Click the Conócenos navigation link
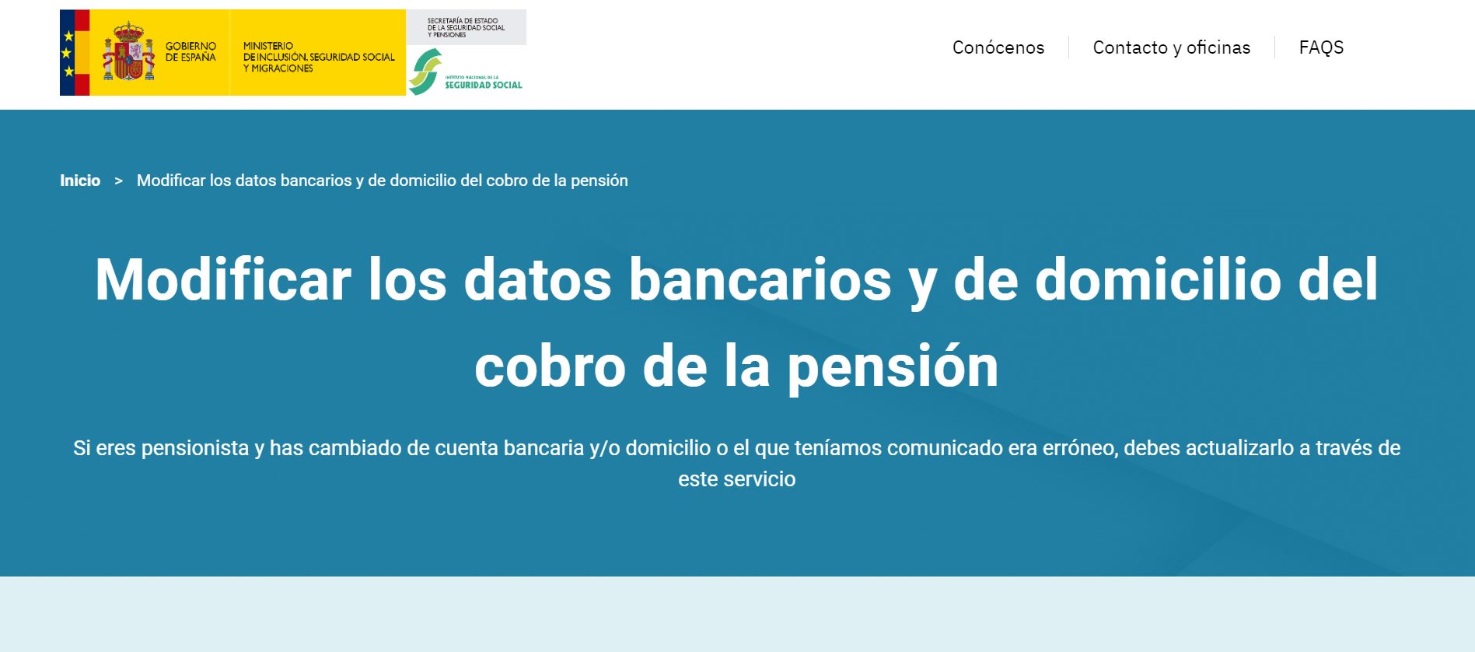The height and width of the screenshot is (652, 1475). [998, 47]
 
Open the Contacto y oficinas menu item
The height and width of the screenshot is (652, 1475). [1172, 47]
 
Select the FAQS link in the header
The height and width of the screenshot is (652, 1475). [1321, 47]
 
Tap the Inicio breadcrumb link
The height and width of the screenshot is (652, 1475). [80, 181]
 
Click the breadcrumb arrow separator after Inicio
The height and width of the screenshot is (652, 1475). [119, 181]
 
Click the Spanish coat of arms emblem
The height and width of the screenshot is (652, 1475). [128, 51]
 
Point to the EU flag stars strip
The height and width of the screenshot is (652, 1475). [68, 53]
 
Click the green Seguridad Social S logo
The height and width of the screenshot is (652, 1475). [425, 72]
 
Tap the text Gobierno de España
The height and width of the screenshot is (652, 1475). [190, 51]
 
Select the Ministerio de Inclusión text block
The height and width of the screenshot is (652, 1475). [319, 57]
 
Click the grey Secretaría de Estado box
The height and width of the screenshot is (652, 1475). [466, 27]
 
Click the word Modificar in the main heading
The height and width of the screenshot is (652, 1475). [223, 279]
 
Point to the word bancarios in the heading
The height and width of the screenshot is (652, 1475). [760, 279]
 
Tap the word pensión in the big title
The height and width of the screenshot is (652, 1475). [893, 366]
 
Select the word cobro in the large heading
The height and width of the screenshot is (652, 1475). [551, 366]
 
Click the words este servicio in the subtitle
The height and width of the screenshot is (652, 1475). [737, 479]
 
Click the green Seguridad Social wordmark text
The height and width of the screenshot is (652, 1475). [484, 84]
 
